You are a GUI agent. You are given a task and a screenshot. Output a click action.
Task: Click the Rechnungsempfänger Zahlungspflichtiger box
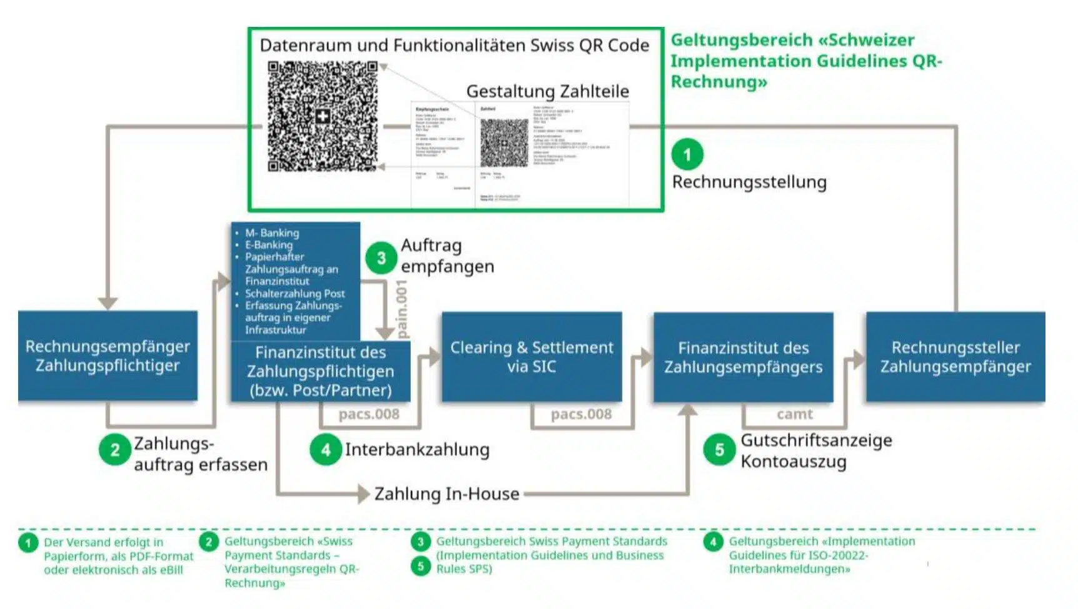click(108, 355)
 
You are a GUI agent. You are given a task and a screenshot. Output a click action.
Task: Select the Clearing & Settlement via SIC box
click(531, 356)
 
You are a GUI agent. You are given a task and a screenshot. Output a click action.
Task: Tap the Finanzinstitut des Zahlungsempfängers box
click(743, 356)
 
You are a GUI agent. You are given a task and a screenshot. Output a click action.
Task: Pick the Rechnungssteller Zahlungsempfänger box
click(955, 356)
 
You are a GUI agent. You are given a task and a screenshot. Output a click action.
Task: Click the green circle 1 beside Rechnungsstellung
click(687, 154)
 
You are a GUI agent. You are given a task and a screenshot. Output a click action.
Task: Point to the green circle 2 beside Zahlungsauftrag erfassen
click(114, 450)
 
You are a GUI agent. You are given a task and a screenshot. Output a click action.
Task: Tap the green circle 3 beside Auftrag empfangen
click(381, 258)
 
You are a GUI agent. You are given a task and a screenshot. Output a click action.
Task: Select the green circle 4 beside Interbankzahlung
click(325, 450)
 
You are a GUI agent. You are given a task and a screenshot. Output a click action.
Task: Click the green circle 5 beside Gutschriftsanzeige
click(719, 450)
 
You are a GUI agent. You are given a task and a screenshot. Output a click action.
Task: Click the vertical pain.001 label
click(402, 310)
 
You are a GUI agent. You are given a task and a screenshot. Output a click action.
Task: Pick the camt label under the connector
click(795, 414)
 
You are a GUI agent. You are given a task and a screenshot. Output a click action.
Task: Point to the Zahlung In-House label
click(446, 494)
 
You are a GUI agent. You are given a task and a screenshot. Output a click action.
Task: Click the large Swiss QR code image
click(322, 116)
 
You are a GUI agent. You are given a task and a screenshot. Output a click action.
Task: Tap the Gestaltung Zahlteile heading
click(548, 91)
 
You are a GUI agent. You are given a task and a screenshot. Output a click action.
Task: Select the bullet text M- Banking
click(272, 233)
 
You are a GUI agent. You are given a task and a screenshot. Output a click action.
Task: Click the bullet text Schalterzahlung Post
click(295, 293)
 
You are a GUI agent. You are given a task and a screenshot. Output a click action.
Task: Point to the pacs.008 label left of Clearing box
click(369, 414)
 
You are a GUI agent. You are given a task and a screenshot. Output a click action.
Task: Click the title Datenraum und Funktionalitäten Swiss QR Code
click(455, 46)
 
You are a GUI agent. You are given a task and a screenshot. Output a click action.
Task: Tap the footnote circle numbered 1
click(28, 542)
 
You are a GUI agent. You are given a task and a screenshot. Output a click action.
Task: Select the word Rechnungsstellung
click(749, 182)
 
